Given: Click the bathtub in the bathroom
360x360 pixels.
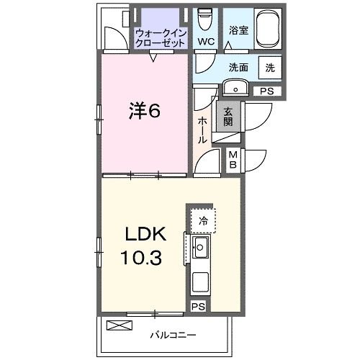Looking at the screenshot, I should click(264, 30).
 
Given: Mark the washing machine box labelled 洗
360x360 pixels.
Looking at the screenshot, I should click(270, 68).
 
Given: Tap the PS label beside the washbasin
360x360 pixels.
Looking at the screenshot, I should click(267, 91).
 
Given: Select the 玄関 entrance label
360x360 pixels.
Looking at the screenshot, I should click(228, 116).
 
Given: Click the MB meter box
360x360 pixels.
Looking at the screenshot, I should click(234, 159).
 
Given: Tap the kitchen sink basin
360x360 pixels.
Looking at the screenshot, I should click(200, 250).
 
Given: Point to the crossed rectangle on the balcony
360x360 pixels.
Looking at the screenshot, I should click(120, 325).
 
